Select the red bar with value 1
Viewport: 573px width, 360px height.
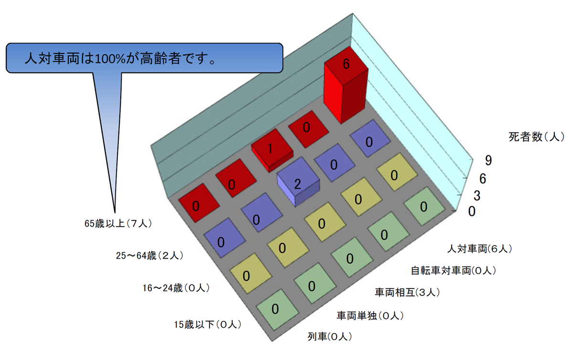[272, 149]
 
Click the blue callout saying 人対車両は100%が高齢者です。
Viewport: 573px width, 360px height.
[144, 58]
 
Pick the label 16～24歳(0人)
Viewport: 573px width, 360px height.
[176, 288]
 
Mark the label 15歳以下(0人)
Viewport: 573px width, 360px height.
[207, 325]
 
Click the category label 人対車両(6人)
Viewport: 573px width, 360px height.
[480, 249]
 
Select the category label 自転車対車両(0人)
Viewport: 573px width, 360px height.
[453, 271]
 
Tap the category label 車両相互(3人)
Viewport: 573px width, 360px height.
[407, 292]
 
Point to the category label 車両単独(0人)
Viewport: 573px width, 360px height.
[371, 316]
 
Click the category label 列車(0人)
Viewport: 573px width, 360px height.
[329, 337]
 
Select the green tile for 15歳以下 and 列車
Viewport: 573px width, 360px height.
[276, 308]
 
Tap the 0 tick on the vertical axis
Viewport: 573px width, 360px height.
[472, 212]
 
